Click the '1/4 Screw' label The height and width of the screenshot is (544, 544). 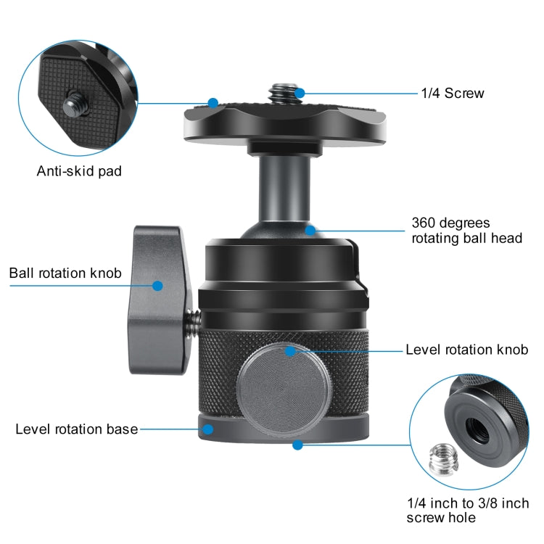tap(452, 93)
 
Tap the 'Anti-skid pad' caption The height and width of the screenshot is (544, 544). tap(79, 172)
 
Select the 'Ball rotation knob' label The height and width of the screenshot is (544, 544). tap(65, 273)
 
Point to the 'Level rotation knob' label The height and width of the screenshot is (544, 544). tap(466, 350)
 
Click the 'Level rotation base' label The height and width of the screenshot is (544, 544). tap(77, 429)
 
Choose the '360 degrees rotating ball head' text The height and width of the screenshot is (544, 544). tap(466, 230)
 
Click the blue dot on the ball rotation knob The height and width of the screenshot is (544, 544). tap(157, 287)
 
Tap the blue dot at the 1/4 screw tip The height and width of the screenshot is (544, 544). tap(300, 93)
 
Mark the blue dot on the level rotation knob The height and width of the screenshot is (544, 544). tap(290, 351)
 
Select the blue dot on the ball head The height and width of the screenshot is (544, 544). tap(310, 231)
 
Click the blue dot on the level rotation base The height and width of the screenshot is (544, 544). tap(207, 429)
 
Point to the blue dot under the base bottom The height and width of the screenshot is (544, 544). tap(297, 445)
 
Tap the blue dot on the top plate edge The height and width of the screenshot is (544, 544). tap(213, 102)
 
